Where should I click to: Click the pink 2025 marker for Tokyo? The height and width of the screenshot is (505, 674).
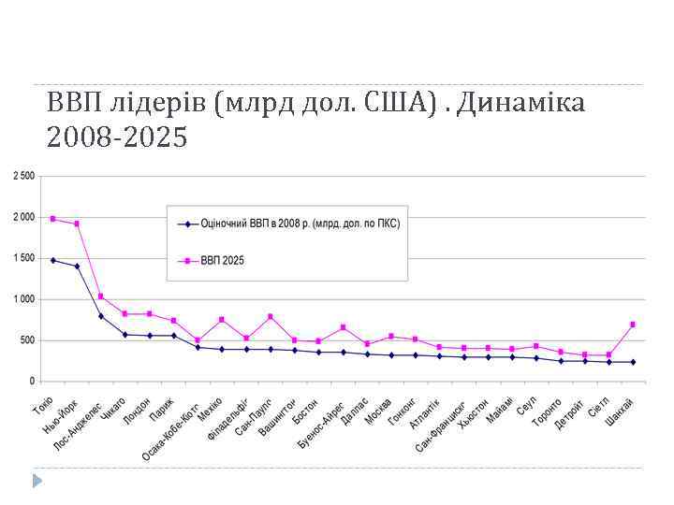(52, 219)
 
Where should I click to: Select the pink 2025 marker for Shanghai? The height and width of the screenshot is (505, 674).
(633, 325)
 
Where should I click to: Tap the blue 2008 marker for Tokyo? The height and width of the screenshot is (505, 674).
(52, 260)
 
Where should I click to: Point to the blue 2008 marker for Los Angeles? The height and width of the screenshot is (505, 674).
(101, 316)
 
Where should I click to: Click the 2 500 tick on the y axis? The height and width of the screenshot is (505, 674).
(23, 176)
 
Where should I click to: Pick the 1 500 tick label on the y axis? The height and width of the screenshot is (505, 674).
(23, 258)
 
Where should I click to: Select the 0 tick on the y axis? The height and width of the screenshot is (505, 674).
(31, 382)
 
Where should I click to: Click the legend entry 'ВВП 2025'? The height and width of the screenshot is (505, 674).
(222, 261)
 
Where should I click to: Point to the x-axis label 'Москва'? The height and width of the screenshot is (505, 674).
(378, 408)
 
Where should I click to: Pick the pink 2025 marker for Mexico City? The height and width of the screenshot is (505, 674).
(222, 320)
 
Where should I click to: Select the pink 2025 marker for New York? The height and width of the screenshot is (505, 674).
(77, 224)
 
